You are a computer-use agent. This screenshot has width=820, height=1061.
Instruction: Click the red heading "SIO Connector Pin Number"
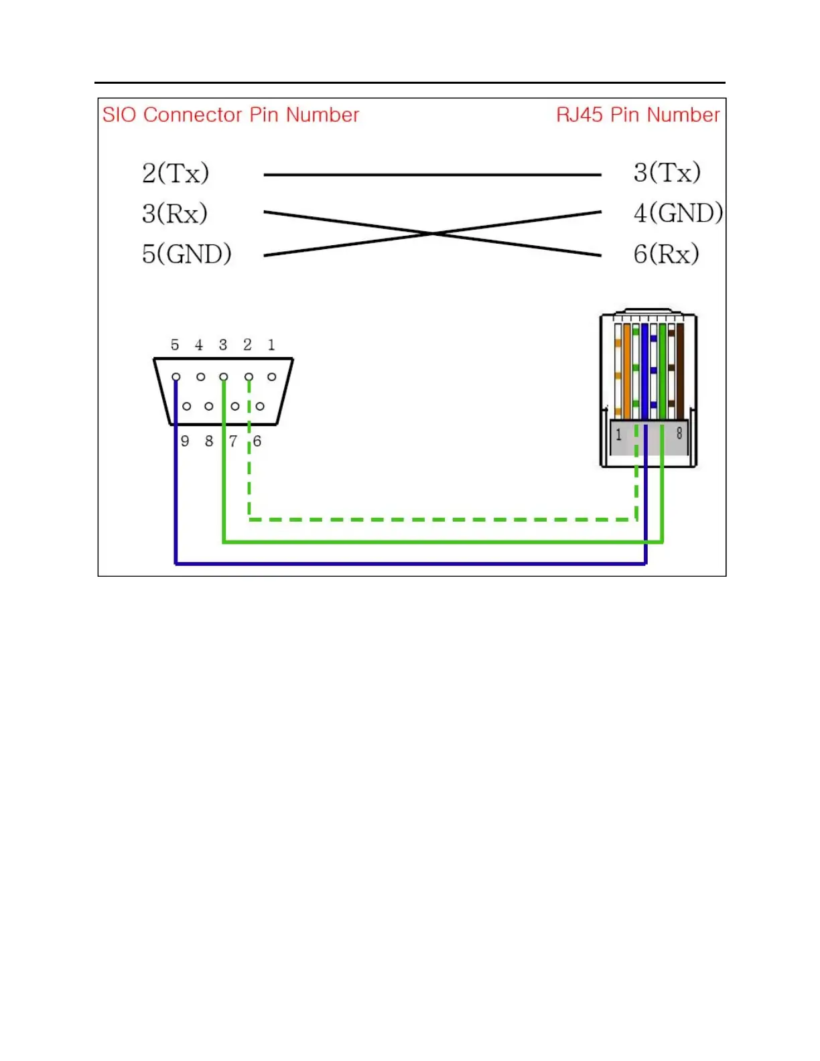230,115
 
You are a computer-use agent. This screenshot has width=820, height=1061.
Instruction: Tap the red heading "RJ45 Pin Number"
638,115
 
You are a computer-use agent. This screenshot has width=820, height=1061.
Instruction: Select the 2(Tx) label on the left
176,173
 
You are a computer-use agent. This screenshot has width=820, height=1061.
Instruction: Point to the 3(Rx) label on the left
175,214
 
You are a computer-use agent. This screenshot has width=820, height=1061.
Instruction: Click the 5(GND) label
186,254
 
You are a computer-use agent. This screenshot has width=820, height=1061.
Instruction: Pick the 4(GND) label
678,213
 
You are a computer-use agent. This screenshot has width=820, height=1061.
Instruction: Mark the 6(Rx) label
667,254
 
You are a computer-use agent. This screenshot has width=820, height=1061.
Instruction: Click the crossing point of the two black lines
433,233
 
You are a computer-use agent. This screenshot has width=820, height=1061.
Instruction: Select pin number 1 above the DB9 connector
271,345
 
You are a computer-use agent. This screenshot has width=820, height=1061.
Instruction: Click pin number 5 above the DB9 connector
175,345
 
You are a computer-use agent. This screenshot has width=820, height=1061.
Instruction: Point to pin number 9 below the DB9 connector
185,441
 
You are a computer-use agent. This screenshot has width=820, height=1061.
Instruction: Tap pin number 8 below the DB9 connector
209,441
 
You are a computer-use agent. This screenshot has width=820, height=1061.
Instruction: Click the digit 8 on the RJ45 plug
679,433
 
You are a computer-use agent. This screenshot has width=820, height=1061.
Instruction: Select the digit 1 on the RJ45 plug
618,434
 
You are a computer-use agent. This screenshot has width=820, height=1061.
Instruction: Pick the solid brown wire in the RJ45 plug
680,372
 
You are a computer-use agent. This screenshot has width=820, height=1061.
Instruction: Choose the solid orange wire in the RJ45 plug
627,372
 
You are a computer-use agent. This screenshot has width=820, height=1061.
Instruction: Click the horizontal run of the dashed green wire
442,519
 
